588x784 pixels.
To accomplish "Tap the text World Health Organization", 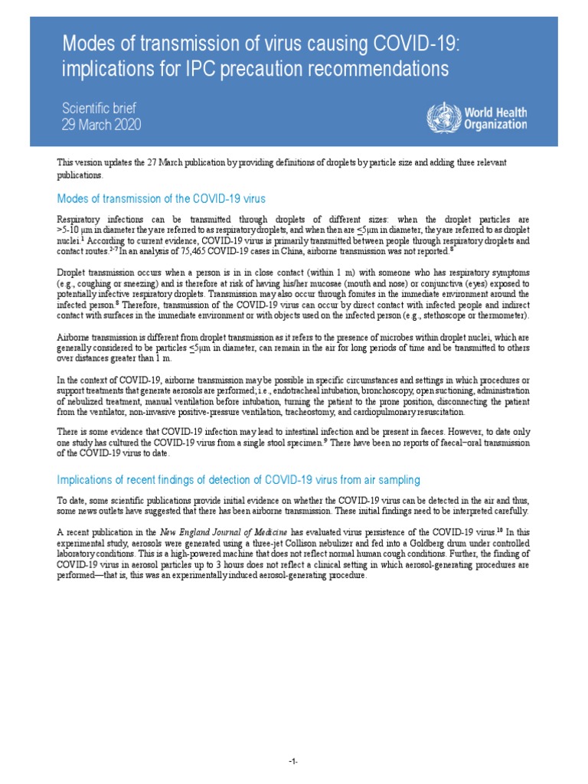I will click(495, 118).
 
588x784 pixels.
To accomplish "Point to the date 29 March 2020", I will click(101, 124).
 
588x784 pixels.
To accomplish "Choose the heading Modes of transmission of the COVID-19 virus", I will click(162, 199).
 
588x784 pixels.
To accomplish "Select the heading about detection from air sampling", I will click(239, 480).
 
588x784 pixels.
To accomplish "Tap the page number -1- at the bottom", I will click(293, 762).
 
